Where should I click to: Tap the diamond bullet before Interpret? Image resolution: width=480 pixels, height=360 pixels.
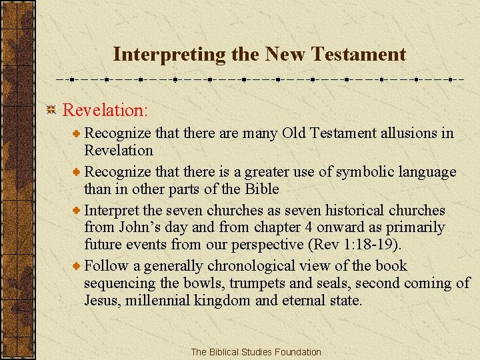77,211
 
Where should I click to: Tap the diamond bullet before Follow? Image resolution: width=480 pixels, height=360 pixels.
77,267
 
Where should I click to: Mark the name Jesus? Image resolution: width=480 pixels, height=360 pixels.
101,301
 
